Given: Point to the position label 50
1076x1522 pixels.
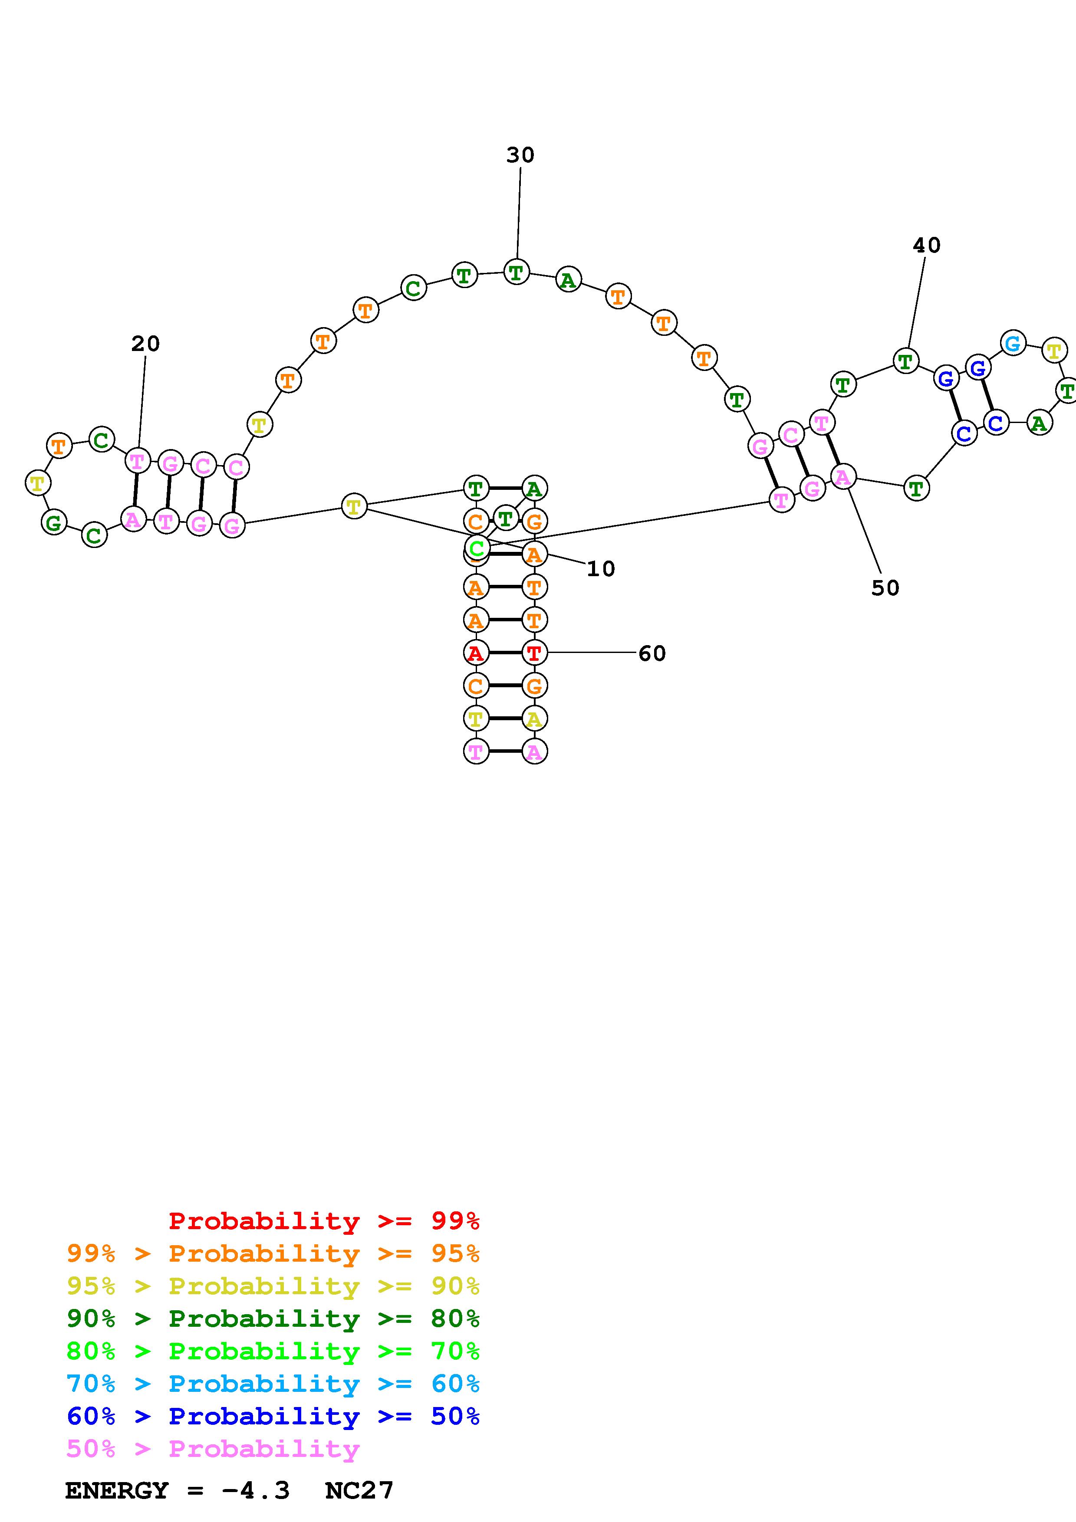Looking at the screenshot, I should (x=885, y=588).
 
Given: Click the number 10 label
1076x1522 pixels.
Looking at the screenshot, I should (x=601, y=569).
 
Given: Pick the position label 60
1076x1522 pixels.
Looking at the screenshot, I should (x=652, y=653).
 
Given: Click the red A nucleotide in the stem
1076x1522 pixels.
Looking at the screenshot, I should (x=475, y=653).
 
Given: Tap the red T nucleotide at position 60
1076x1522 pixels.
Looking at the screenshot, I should (x=534, y=653).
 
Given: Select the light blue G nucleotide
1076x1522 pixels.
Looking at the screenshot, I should (x=1012, y=343).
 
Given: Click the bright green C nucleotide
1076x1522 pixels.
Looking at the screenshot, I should (x=476, y=548).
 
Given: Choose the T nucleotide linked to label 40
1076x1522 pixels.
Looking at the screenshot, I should (x=905, y=361).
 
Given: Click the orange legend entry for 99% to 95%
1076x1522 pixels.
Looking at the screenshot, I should (x=273, y=1253).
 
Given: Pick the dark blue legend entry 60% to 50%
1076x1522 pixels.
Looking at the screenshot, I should (x=273, y=1417).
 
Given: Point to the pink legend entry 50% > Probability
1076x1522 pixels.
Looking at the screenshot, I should (x=213, y=1449).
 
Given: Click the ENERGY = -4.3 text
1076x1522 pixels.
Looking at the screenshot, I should (x=177, y=1491).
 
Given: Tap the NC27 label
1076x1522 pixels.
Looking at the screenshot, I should (x=359, y=1491).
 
